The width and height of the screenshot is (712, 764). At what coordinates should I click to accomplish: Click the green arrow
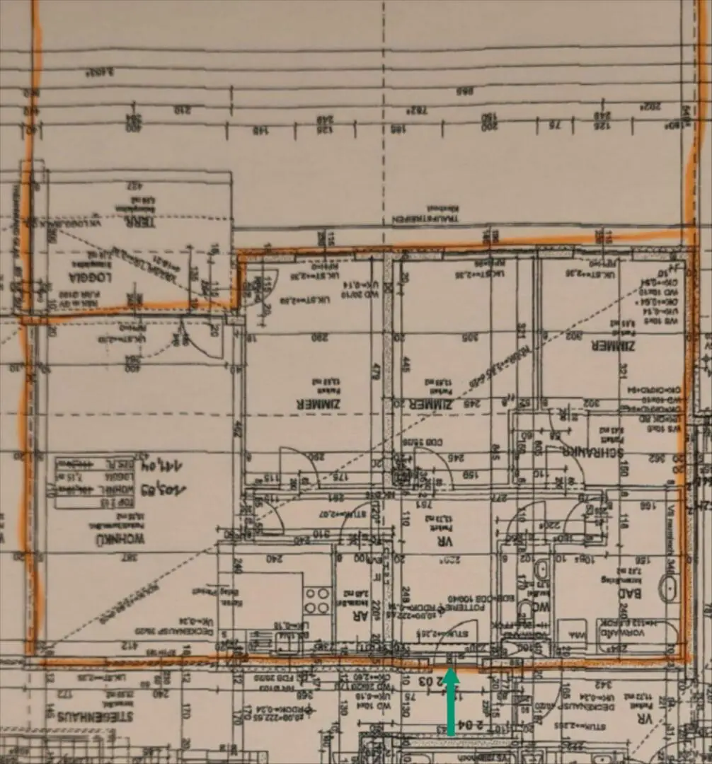(451, 701)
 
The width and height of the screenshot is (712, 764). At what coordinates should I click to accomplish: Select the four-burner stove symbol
(317, 600)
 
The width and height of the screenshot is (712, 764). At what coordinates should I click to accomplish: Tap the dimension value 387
(131, 556)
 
